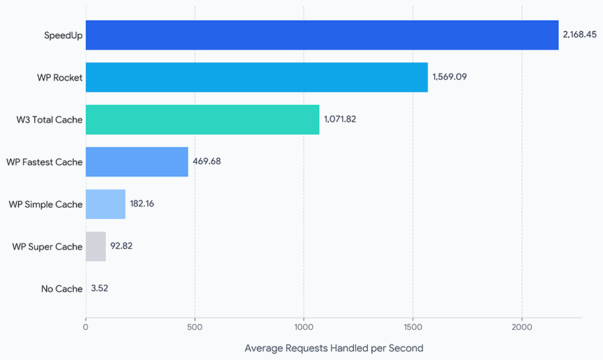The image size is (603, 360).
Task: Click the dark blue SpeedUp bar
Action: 322,35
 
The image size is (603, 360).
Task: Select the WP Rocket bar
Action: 257,77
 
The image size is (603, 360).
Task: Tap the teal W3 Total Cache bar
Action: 202,119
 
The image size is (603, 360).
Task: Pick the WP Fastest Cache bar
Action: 137,162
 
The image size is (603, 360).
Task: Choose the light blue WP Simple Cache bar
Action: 105,204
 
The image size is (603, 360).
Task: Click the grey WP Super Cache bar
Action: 96,247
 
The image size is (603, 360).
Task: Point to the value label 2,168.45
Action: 580,35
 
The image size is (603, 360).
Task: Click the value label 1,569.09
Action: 450,77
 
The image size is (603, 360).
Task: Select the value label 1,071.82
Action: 340,119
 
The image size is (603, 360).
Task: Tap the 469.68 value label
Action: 207,161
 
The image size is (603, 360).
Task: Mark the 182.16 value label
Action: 142,203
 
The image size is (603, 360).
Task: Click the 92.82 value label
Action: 121,246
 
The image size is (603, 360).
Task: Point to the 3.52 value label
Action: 100,288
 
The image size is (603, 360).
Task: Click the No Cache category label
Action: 62,289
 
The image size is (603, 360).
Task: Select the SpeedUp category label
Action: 64,36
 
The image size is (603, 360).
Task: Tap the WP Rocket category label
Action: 60,77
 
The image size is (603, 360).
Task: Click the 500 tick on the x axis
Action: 194,327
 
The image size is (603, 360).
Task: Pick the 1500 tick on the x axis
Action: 413,327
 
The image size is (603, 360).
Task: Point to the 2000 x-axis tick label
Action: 522,327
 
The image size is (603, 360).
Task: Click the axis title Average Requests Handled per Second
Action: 334,349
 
